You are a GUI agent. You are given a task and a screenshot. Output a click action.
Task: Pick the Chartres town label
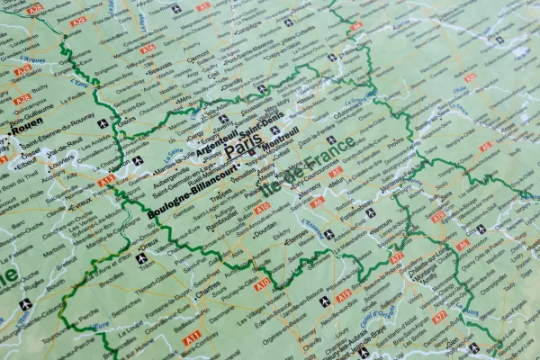pos(206,292)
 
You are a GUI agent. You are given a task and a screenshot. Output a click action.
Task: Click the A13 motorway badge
pos(107,181)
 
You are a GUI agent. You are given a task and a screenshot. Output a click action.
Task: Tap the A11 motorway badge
pos(192,338)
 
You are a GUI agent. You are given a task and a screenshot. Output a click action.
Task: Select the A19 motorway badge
pos(343,296)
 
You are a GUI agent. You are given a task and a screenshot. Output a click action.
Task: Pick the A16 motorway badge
pos(148,49)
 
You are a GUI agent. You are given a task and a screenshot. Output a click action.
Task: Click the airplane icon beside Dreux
pos(141,259)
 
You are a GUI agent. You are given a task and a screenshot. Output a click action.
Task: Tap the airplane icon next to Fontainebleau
pos(370,213)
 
